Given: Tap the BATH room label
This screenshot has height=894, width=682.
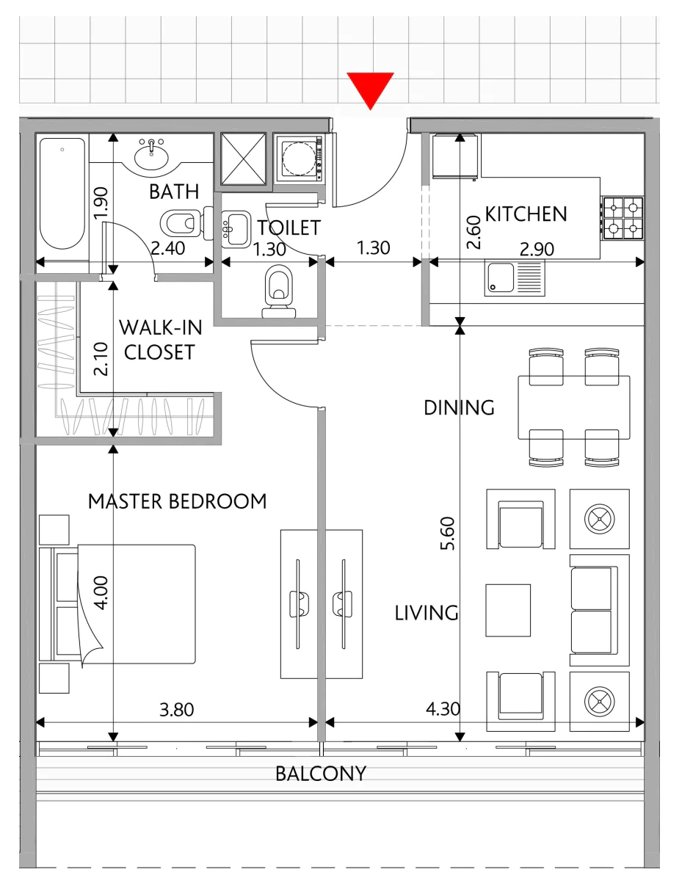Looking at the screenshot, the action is pyautogui.click(x=174, y=192).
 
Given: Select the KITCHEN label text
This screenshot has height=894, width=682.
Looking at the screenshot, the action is pyautogui.click(x=526, y=214).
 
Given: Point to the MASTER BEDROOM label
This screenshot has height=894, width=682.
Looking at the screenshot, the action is pyautogui.click(x=177, y=501).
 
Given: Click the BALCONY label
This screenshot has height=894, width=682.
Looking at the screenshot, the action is pyautogui.click(x=321, y=774).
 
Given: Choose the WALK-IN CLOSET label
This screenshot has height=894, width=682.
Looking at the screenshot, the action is pyautogui.click(x=161, y=340).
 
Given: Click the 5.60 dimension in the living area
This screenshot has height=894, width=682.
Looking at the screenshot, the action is pyautogui.click(x=448, y=534).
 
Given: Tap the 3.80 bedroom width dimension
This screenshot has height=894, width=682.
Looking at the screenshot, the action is pyautogui.click(x=176, y=710).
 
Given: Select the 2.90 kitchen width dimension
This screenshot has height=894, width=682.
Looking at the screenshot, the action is pyautogui.click(x=537, y=249).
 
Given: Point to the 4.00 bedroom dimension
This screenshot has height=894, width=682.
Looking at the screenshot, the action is pyautogui.click(x=101, y=593).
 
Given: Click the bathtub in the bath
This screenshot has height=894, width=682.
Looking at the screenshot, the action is pyautogui.click(x=62, y=193).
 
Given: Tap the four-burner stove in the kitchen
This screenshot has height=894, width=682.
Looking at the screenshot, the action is pyautogui.click(x=623, y=218).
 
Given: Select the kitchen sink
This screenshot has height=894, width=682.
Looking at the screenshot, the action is pyautogui.click(x=515, y=278).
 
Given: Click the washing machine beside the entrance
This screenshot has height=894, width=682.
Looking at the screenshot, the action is pyautogui.click(x=300, y=158).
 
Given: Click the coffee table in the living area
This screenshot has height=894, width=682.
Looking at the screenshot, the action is pyautogui.click(x=508, y=610).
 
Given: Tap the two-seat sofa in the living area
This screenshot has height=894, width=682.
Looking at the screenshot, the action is pyautogui.click(x=599, y=610).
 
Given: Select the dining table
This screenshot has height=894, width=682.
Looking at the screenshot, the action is pyautogui.click(x=574, y=407).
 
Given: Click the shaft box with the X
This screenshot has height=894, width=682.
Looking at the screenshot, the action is pyautogui.click(x=244, y=159).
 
